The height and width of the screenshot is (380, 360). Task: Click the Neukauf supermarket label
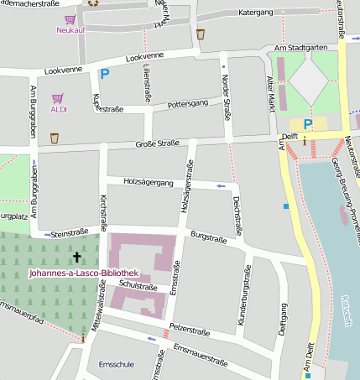pos(70,30)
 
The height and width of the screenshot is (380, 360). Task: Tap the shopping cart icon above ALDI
pos(58,98)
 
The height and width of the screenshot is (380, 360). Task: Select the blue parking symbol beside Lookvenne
pos(104,75)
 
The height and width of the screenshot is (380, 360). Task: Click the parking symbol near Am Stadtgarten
pos(308,124)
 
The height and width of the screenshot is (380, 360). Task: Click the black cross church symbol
pos(77,257)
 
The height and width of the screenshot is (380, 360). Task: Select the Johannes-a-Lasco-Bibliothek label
pos(82,273)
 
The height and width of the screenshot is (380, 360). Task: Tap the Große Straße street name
pos(158,144)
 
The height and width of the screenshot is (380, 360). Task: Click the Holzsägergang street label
pos(148,182)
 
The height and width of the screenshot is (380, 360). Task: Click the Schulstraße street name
pos(138,287)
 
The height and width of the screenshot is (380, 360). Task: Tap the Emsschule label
pos(117,365)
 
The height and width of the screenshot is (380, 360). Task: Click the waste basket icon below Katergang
pos(201,34)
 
